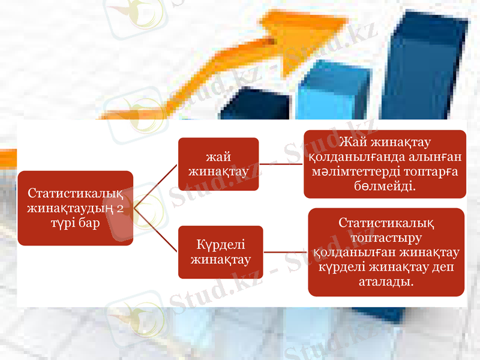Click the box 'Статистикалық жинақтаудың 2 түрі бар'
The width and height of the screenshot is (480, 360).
click(76, 208)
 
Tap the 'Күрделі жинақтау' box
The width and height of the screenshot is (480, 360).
click(220, 252)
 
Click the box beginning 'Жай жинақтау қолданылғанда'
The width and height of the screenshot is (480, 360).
click(385, 164)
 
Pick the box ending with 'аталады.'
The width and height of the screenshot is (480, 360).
click(386, 252)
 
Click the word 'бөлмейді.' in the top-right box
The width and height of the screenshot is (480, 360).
click(385, 187)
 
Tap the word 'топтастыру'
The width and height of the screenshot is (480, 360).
click(386, 238)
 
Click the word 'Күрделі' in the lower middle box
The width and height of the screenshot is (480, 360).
click(221, 245)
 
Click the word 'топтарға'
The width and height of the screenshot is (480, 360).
click(433, 172)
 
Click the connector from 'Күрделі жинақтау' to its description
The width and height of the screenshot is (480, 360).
click(286, 252)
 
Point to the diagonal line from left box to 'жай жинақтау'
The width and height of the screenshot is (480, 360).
click(156, 186)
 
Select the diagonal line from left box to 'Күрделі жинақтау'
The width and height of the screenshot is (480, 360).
click(156, 230)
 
